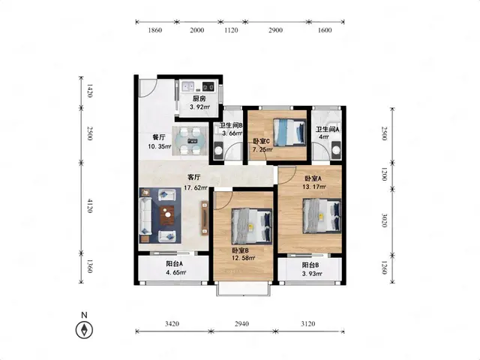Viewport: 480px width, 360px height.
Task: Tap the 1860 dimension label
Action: click(155, 30)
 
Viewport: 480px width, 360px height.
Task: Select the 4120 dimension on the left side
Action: click(89, 205)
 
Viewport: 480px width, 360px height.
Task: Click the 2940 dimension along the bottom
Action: click(241, 323)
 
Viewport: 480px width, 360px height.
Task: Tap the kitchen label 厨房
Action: click(199, 99)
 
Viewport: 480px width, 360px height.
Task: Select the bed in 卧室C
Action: click(289, 132)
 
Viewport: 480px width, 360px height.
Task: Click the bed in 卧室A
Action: click(322, 216)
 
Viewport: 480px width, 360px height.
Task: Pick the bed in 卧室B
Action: click(252, 226)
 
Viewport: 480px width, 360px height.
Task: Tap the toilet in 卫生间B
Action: click(218, 151)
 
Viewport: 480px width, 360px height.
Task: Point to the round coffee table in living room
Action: click(167, 214)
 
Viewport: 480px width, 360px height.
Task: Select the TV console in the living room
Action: click(205, 217)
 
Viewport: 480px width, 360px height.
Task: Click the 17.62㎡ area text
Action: click(195, 188)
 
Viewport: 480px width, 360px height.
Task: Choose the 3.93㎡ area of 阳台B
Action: click(312, 274)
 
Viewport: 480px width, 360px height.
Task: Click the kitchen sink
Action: click(188, 86)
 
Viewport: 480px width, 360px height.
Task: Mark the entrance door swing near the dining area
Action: click(148, 88)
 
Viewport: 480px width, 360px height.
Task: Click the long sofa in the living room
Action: click(145, 215)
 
